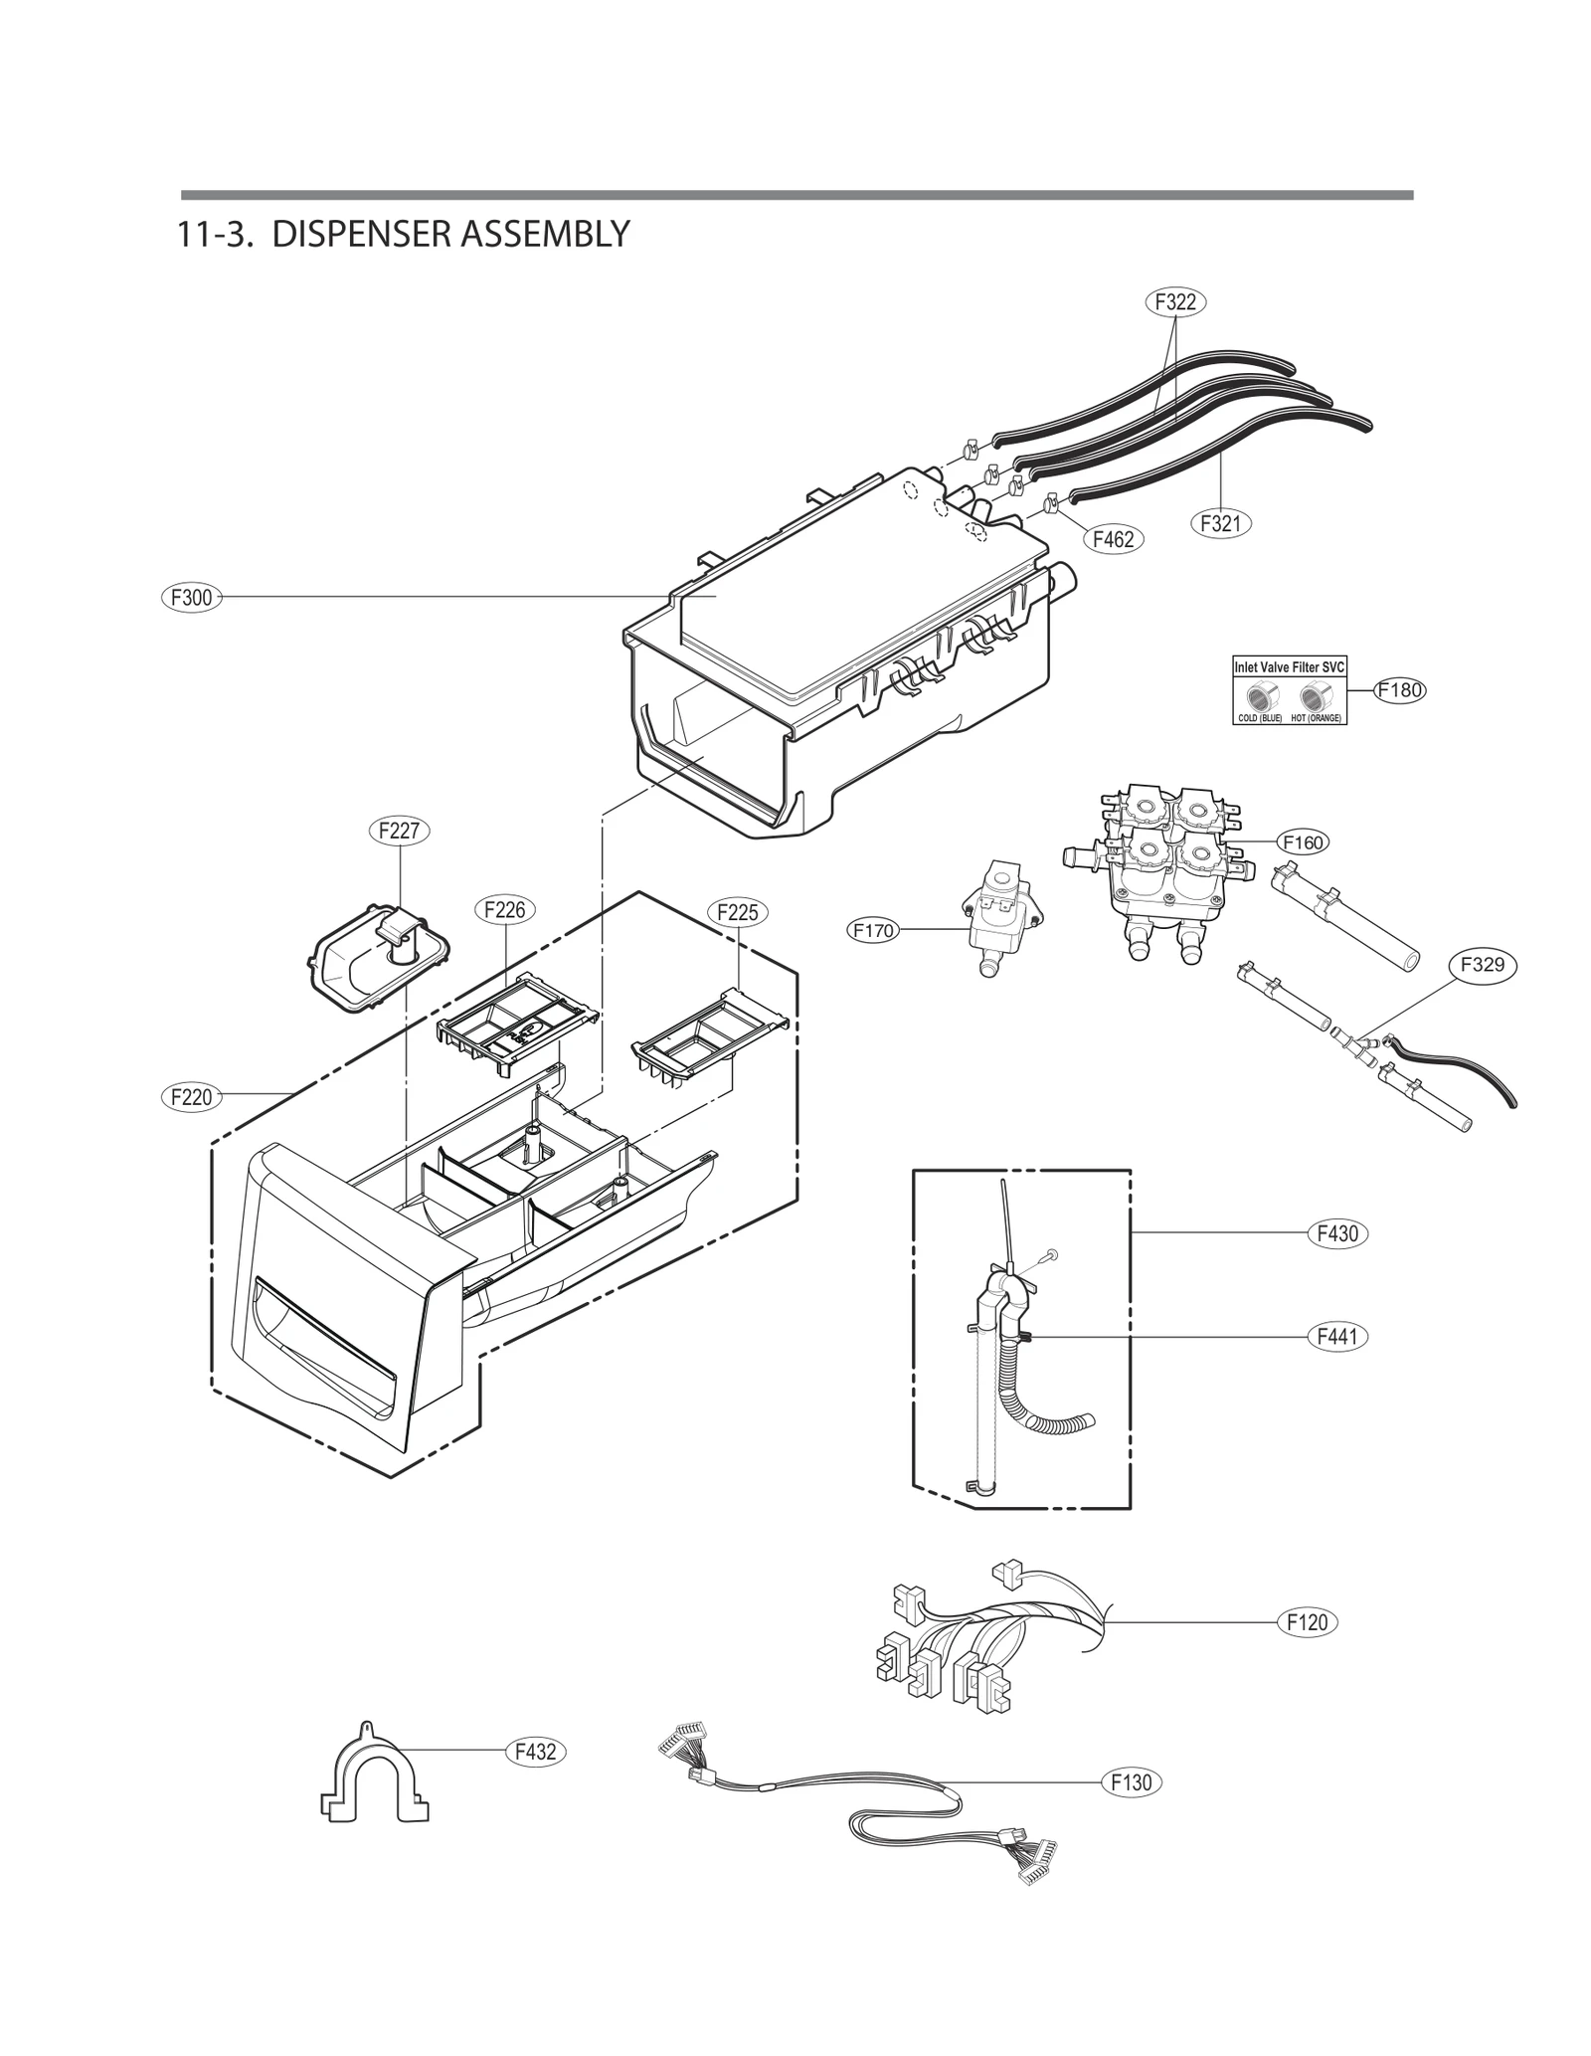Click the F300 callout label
(x=192, y=598)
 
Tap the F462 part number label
(x=1113, y=540)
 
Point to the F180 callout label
(x=1400, y=690)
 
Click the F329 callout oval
(x=1483, y=964)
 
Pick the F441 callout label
(x=1337, y=1337)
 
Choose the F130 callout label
(x=1132, y=1782)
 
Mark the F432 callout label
(x=535, y=1752)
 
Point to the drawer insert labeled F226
(x=517, y=1026)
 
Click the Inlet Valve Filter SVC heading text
(x=1290, y=667)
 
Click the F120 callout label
(x=1307, y=1622)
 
